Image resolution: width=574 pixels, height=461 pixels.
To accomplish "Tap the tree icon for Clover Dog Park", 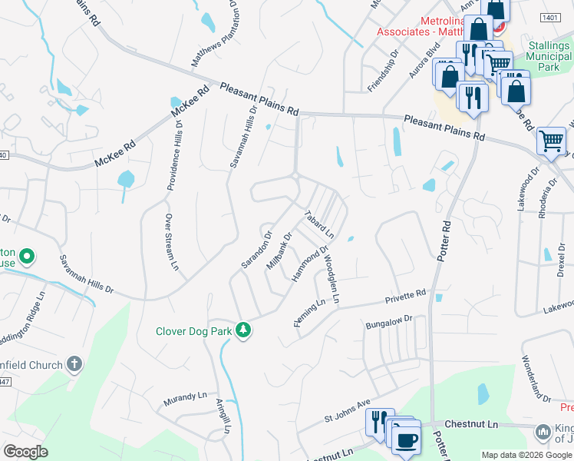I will [x=243, y=330].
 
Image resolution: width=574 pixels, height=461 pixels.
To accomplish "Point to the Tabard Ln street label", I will [x=320, y=224].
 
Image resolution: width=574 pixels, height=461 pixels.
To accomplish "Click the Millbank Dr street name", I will [x=279, y=251].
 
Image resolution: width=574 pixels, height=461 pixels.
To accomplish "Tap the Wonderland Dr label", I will [x=536, y=379].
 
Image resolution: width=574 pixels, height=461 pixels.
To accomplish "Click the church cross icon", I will [x=74, y=363].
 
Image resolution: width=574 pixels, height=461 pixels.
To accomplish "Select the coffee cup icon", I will [x=406, y=441].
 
